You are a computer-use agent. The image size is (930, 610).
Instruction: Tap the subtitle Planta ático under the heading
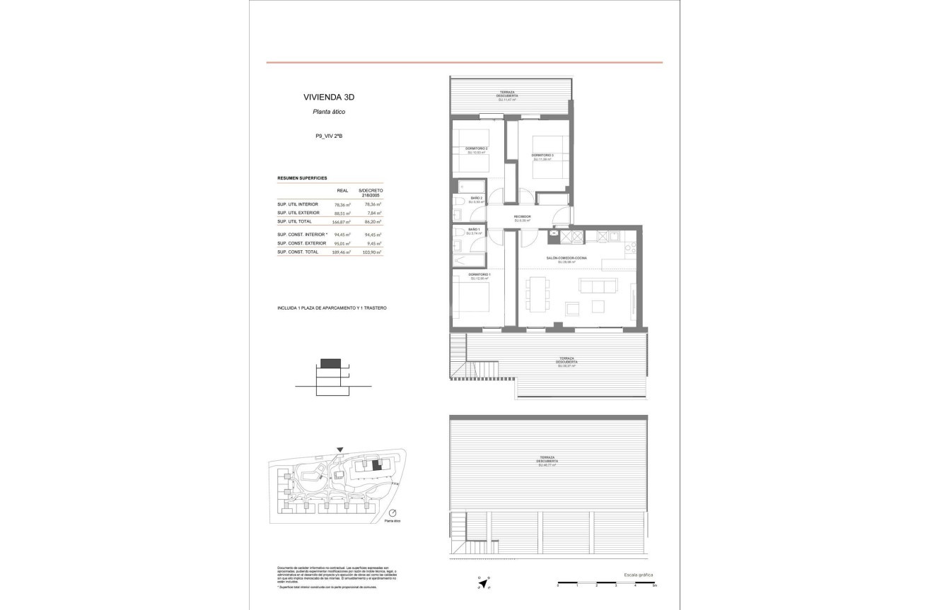point(329,112)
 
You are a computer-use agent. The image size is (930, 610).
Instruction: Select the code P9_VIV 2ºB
point(329,136)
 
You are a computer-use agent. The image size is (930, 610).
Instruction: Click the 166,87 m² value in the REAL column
point(342,221)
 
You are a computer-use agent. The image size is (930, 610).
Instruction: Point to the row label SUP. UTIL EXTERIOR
point(298,213)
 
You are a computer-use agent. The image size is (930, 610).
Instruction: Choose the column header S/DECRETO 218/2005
point(370,193)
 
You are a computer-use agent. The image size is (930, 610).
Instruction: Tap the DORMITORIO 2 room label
point(477,149)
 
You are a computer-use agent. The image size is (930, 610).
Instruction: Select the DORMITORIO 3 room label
point(542,156)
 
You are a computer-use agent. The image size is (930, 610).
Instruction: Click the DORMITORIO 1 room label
point(479,275)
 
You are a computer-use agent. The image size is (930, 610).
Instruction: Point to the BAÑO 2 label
point(477,199)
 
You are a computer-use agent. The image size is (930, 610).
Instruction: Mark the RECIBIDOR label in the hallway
point(522,217)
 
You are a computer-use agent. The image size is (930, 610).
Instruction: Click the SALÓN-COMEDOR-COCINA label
point(566,259)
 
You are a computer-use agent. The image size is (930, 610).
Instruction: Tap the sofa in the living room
point(594,286)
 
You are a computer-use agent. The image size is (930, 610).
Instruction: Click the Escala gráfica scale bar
point(606,583)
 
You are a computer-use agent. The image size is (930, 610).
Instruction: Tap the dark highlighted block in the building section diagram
point(330,363)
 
